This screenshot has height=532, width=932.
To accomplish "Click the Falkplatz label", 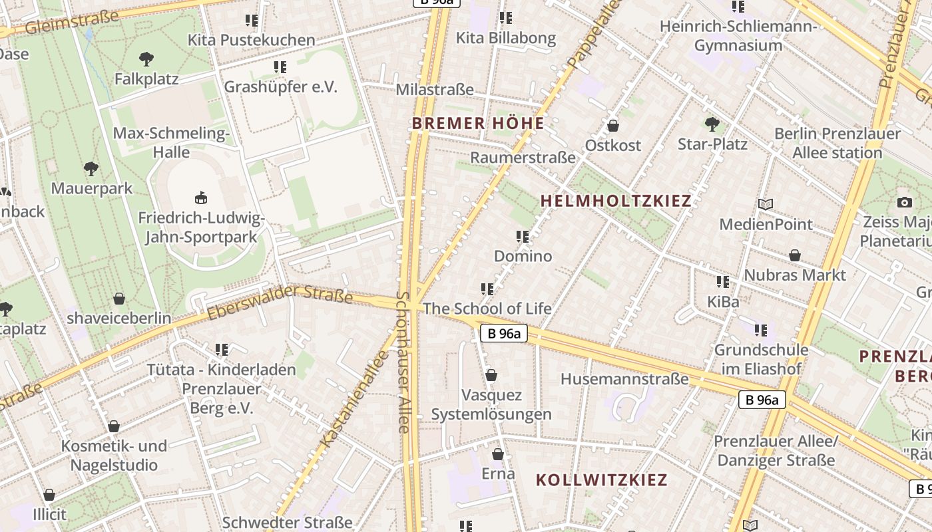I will (x=146, y=79).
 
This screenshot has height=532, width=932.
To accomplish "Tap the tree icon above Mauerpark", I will (x=91, y=169).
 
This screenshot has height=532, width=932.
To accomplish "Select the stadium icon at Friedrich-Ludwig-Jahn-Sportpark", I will (x=200, y=198).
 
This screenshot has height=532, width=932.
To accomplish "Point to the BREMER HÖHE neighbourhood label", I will (x=478, y=123).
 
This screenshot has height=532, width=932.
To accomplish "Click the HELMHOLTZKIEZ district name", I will (x=616, y=201).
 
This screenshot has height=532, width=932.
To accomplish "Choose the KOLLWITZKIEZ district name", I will (x=601, y=479).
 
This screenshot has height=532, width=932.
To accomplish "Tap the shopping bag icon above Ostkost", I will (x=612, y=126).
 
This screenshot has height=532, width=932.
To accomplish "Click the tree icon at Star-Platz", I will (x=712, y=124).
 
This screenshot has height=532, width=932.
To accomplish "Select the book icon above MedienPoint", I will (x=766, y=205).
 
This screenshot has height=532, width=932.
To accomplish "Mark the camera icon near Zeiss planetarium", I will (x=904, y=202).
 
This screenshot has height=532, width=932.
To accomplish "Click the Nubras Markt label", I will (x=795, y=275).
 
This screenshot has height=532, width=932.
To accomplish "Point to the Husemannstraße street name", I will (x=624, y=379).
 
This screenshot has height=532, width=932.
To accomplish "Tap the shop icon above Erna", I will (x=497, y=455).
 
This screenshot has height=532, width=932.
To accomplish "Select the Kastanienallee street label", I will (x=354, y=399).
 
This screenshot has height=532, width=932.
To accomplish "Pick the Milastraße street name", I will (x=435, y=90).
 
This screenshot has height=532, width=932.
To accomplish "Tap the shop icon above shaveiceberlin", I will (x=119, y=299).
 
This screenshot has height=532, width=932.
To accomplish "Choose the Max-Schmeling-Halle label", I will (x=171, y=142).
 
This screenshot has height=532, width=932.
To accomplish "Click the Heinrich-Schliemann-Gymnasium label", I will (x=738, y=36).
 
